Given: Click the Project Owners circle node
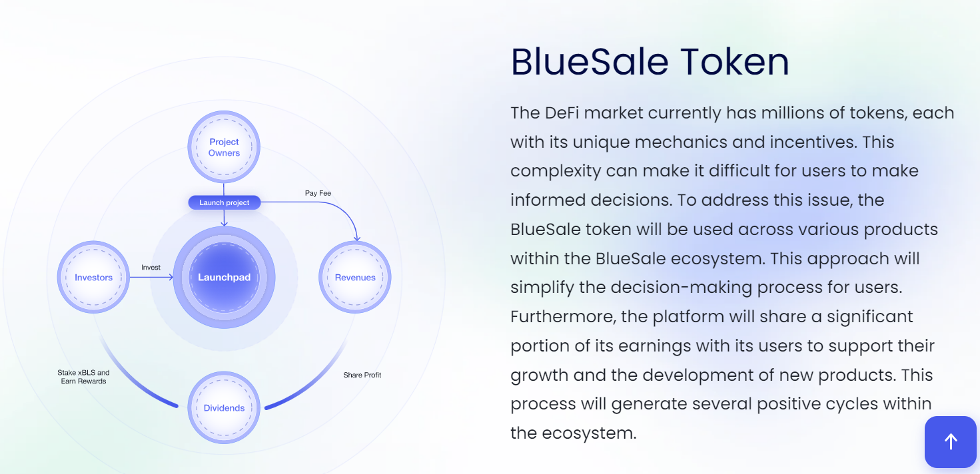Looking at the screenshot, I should coord(224,147).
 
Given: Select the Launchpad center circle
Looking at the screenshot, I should coord(224,278).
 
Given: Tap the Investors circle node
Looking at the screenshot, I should coord(93,278).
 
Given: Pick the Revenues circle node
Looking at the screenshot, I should coord(355,278).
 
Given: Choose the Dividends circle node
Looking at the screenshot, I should coord(224,408).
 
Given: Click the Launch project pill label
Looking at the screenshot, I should coord(224,202).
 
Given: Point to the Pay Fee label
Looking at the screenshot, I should coord(318,193).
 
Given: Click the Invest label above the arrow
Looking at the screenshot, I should coord(151,268).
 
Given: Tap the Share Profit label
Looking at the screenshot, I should coord(362,375).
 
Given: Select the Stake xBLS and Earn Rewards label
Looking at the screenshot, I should coord(83,377).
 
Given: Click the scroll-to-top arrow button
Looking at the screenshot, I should coord(951,441).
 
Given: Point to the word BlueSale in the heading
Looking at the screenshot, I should coord(589,62).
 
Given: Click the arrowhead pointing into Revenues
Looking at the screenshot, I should coord(356,237).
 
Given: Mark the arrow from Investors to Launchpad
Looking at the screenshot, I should coord(151,278).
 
